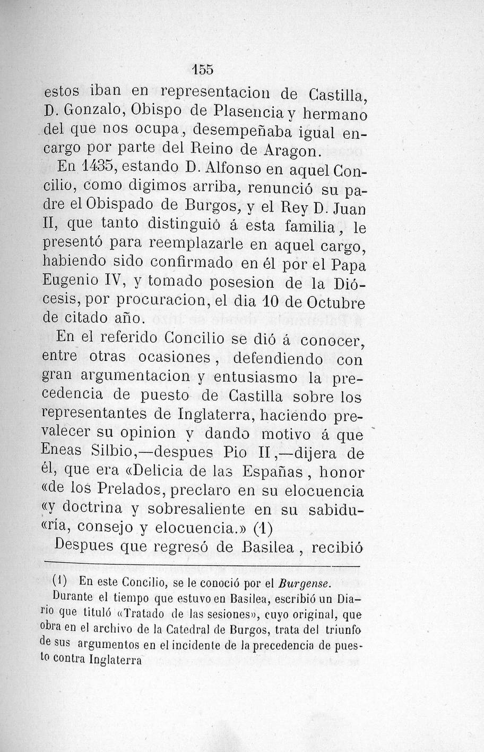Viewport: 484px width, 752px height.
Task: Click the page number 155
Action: pos(202,70)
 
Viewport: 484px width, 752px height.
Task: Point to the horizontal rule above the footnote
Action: pos(202,564)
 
